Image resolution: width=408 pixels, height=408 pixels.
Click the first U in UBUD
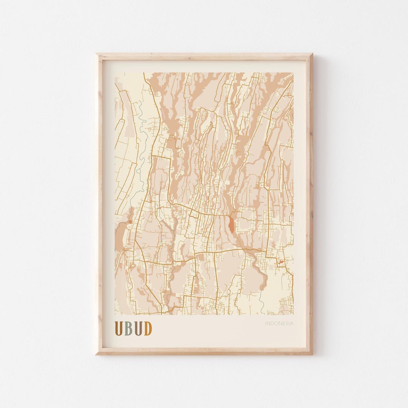click(119, 328)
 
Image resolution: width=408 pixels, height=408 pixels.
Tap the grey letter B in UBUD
click(129, 328)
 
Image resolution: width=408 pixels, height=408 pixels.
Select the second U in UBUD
click(138, 328)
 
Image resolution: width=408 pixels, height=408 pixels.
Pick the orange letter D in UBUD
click(148, 328)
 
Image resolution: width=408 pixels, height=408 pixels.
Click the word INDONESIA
click(279, 323)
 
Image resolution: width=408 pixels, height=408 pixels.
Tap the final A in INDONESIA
click(292, 323)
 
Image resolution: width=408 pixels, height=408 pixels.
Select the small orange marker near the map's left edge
click(130, 222)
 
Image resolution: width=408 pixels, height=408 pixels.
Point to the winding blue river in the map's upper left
click(141, 128)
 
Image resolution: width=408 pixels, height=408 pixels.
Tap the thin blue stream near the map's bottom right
click(260, 302)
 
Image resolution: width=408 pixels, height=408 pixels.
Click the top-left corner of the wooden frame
click(96, 54)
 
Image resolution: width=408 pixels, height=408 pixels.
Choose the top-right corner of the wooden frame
click(312, 54)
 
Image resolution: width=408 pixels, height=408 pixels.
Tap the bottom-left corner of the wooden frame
click(96, 354)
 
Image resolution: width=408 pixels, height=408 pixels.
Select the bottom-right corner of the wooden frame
click(312, 354)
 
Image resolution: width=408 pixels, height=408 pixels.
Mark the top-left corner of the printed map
click(115, 73)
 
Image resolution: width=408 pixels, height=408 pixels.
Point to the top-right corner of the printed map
click(294, 73)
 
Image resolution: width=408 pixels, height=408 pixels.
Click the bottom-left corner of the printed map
click(115, 315)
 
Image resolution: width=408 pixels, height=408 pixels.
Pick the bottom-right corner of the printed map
click(294, 315)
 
